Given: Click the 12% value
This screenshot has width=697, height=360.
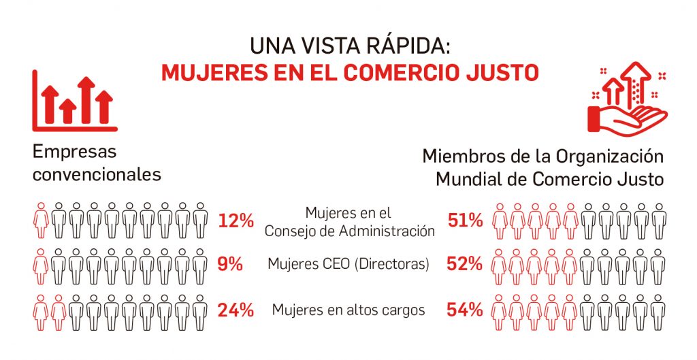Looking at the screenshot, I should click(x=236, y=220).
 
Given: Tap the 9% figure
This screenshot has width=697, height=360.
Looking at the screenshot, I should click(x=231, y=264).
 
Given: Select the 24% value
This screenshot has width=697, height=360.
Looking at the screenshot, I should click(x=236, y=310).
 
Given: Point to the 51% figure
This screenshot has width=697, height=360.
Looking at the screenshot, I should click(x=465, y=220).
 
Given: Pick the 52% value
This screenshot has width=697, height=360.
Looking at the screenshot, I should click(x=465, y=264).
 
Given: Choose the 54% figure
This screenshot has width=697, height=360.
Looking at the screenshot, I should click(x=465, y=310).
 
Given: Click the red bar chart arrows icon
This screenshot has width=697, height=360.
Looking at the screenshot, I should click(x=75, y=103).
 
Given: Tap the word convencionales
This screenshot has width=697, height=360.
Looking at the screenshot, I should click(x=97, y=174).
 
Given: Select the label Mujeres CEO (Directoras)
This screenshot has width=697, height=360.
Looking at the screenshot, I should click(x=348, y=264).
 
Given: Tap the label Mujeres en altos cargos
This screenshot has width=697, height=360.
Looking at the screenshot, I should click(x=348, y=310).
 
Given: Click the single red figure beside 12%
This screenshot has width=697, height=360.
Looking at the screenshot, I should click(x=41, y=220).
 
